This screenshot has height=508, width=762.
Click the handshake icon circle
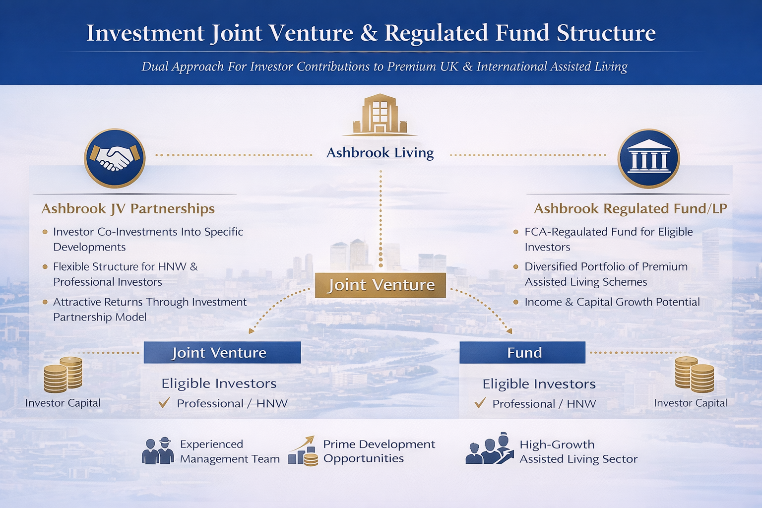point(115,158)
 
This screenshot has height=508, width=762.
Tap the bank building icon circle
point(648,158)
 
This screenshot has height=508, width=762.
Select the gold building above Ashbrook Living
point(380,115)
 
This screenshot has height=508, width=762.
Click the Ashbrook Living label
point(380,153)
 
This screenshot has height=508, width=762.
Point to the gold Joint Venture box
point(381,285)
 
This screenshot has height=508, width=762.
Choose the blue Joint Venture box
point(222,353)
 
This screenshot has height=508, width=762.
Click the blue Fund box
point(522,353)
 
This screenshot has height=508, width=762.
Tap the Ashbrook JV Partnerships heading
point(128,209)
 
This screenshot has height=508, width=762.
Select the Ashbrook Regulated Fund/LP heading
point(630,209)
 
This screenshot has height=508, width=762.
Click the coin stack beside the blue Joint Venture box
point(63,375)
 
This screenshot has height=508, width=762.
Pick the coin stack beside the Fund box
point(694,375)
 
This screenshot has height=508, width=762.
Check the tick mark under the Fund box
point(480,403)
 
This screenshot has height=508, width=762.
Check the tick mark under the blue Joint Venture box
point(164,402)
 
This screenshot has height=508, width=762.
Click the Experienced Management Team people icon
point(158,451)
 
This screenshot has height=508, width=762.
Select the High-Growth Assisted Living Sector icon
point(490,449)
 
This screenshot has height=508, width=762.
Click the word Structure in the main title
point(606,33)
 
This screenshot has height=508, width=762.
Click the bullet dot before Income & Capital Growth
point(515,302)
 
